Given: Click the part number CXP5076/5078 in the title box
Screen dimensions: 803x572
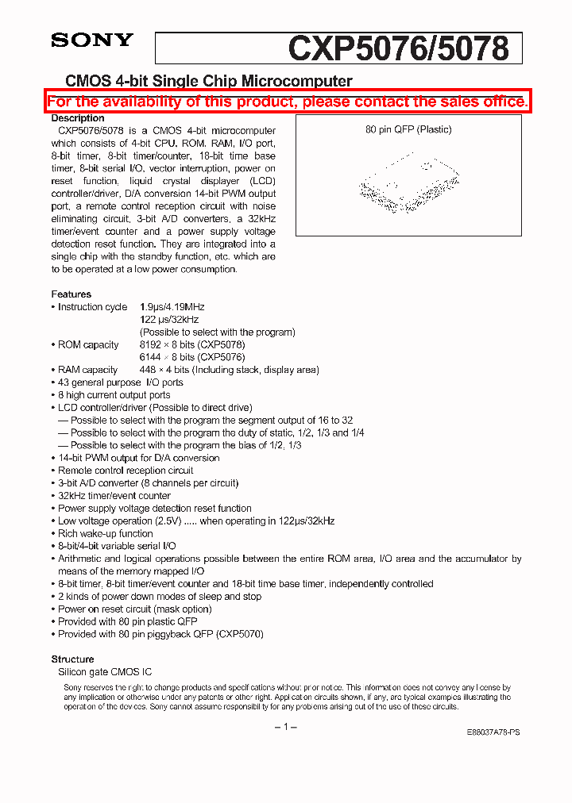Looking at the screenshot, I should point(398,48).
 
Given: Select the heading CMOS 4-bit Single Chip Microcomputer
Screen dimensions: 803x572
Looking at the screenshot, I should point(208,81).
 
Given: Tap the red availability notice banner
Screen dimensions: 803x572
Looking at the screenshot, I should point(287,102).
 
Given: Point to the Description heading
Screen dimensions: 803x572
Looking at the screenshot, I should point(78,118).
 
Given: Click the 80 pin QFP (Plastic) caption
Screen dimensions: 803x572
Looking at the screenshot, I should point(408,129).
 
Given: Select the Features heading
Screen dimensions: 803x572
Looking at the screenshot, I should point(71,294).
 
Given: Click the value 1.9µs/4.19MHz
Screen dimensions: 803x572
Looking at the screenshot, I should point(172,307).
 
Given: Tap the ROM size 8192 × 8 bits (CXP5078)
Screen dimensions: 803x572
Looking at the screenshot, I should point(192,345).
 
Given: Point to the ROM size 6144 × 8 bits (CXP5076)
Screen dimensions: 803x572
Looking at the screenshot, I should point(192,358).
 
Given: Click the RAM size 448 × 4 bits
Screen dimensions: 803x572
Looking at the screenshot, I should point(164,370).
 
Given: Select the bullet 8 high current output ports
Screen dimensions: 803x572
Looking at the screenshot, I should point(114,395).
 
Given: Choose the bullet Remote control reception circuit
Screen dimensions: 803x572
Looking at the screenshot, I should point(126,471).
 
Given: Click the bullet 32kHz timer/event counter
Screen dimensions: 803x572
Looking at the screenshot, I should point(114,496).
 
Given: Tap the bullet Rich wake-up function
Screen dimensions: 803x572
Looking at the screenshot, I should point(106,534).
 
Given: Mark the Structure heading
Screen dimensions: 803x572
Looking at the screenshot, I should point(72,659).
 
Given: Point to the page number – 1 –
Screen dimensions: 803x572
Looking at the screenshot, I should point(285,728).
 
